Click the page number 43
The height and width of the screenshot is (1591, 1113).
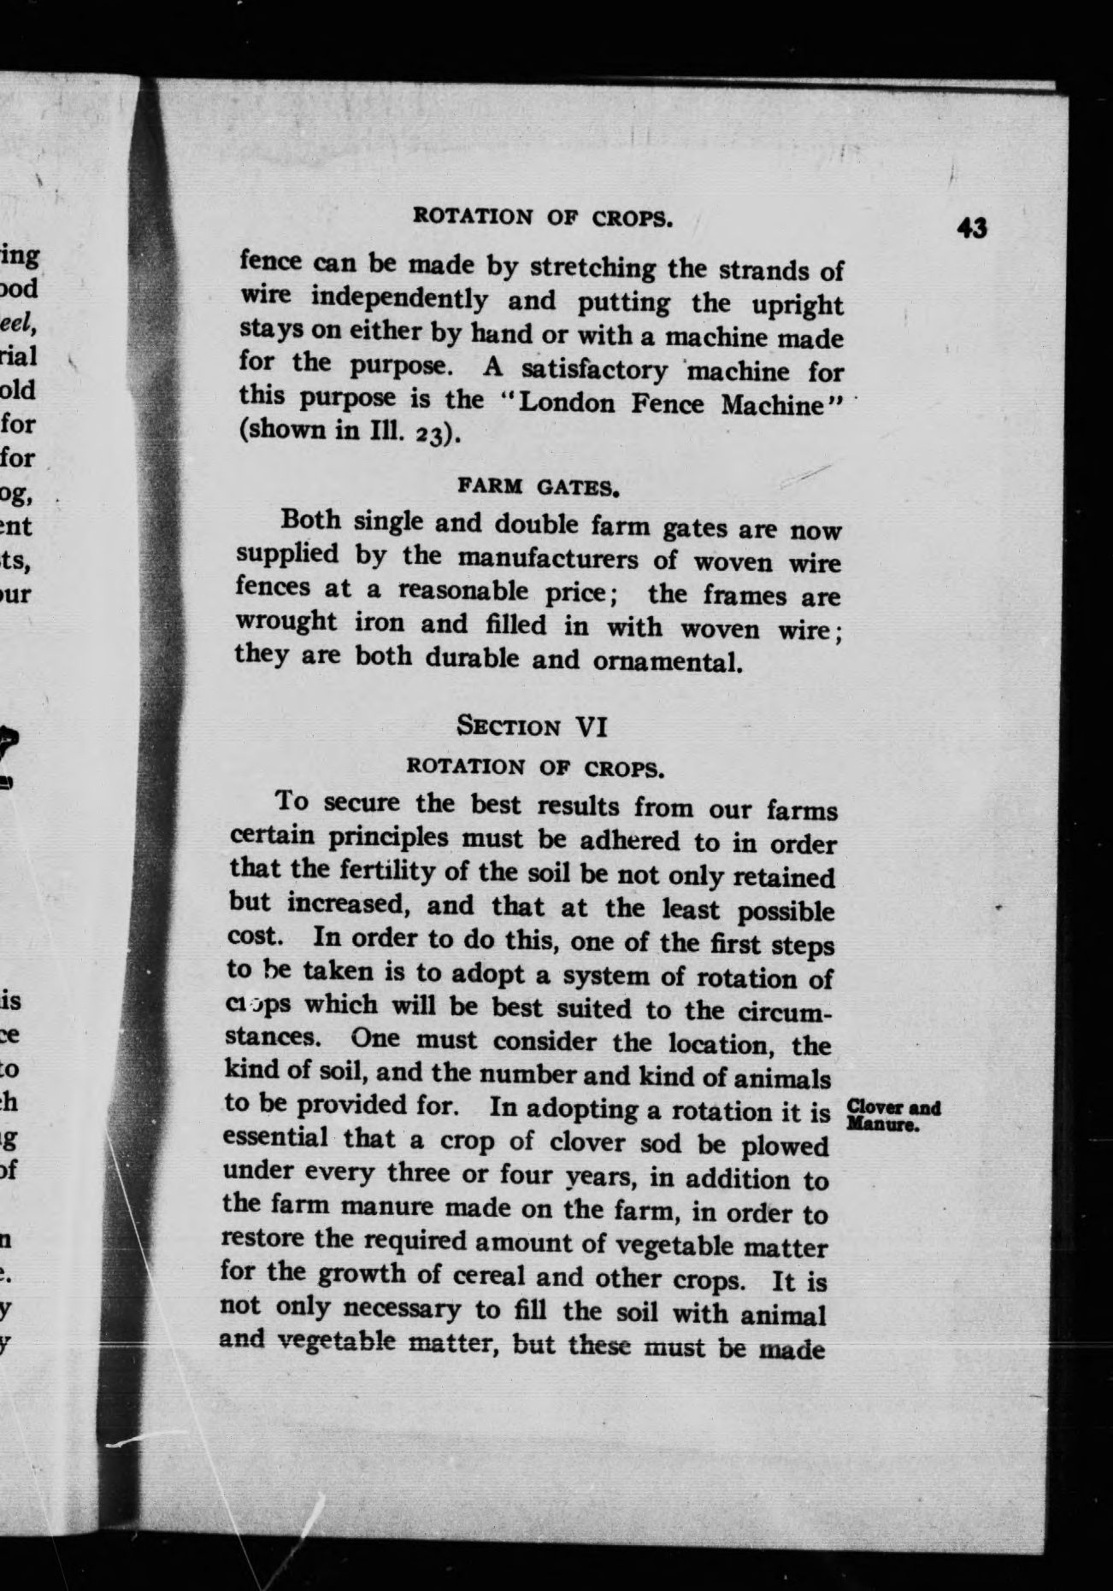click(x=972, y=229)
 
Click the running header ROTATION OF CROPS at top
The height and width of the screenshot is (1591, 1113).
click(x=543, y=216)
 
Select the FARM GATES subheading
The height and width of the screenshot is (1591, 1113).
click(x=538, y=487)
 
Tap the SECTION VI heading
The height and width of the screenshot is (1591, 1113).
click(x=532, y=726)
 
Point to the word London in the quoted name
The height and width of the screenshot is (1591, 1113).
click(x=567, y=402)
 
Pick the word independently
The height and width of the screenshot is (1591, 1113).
click(x=400, y=298)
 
